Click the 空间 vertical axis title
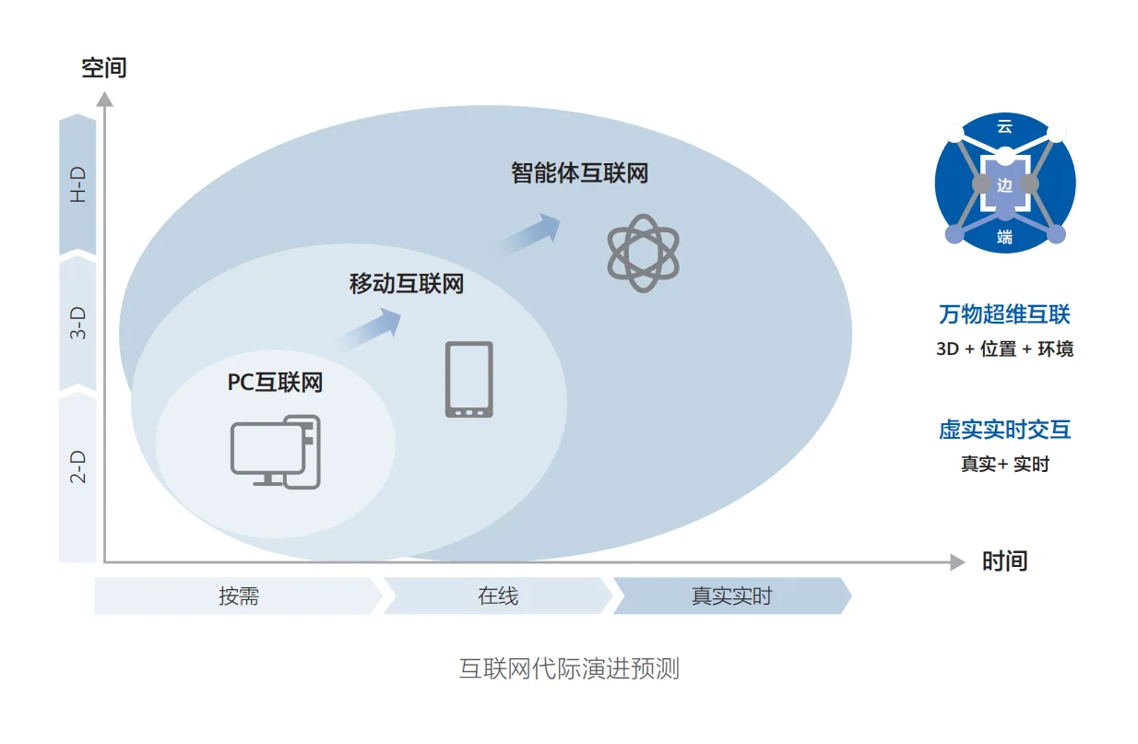pyautogui.click(x=103, y=67)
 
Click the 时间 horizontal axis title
pyautogui.click(x=1003, y=561)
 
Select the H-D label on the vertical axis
pyautogui.click(x=78, y=185)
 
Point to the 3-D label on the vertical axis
pyautogui.click(x=78, y=324)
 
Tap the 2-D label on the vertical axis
pyautogui.click(x=78, y=467)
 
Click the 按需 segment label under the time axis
pyautogui.click(x=239, y=596)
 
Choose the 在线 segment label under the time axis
pyautogui.click(x=498, y=596)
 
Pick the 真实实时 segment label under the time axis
pyautogui.click(x=731, y=596)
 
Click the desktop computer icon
pyautogui.click(x=276, y=453)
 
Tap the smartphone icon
pyautogui.click(x=468, y=379)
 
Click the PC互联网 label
pyautogui.click(x=275, y=382)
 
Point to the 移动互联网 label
pyautogui.click(x=406, y=284)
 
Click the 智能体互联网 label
pyautogui.click(x=579, y=172)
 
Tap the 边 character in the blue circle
pyautogui.click(x=1004, y=184)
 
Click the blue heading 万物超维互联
pyautogui.click(x=1004, y=314)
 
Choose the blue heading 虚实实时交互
pyautogui.click(x=1004, y=430)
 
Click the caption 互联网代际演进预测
pyautogui.click(x=569, y=668)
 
